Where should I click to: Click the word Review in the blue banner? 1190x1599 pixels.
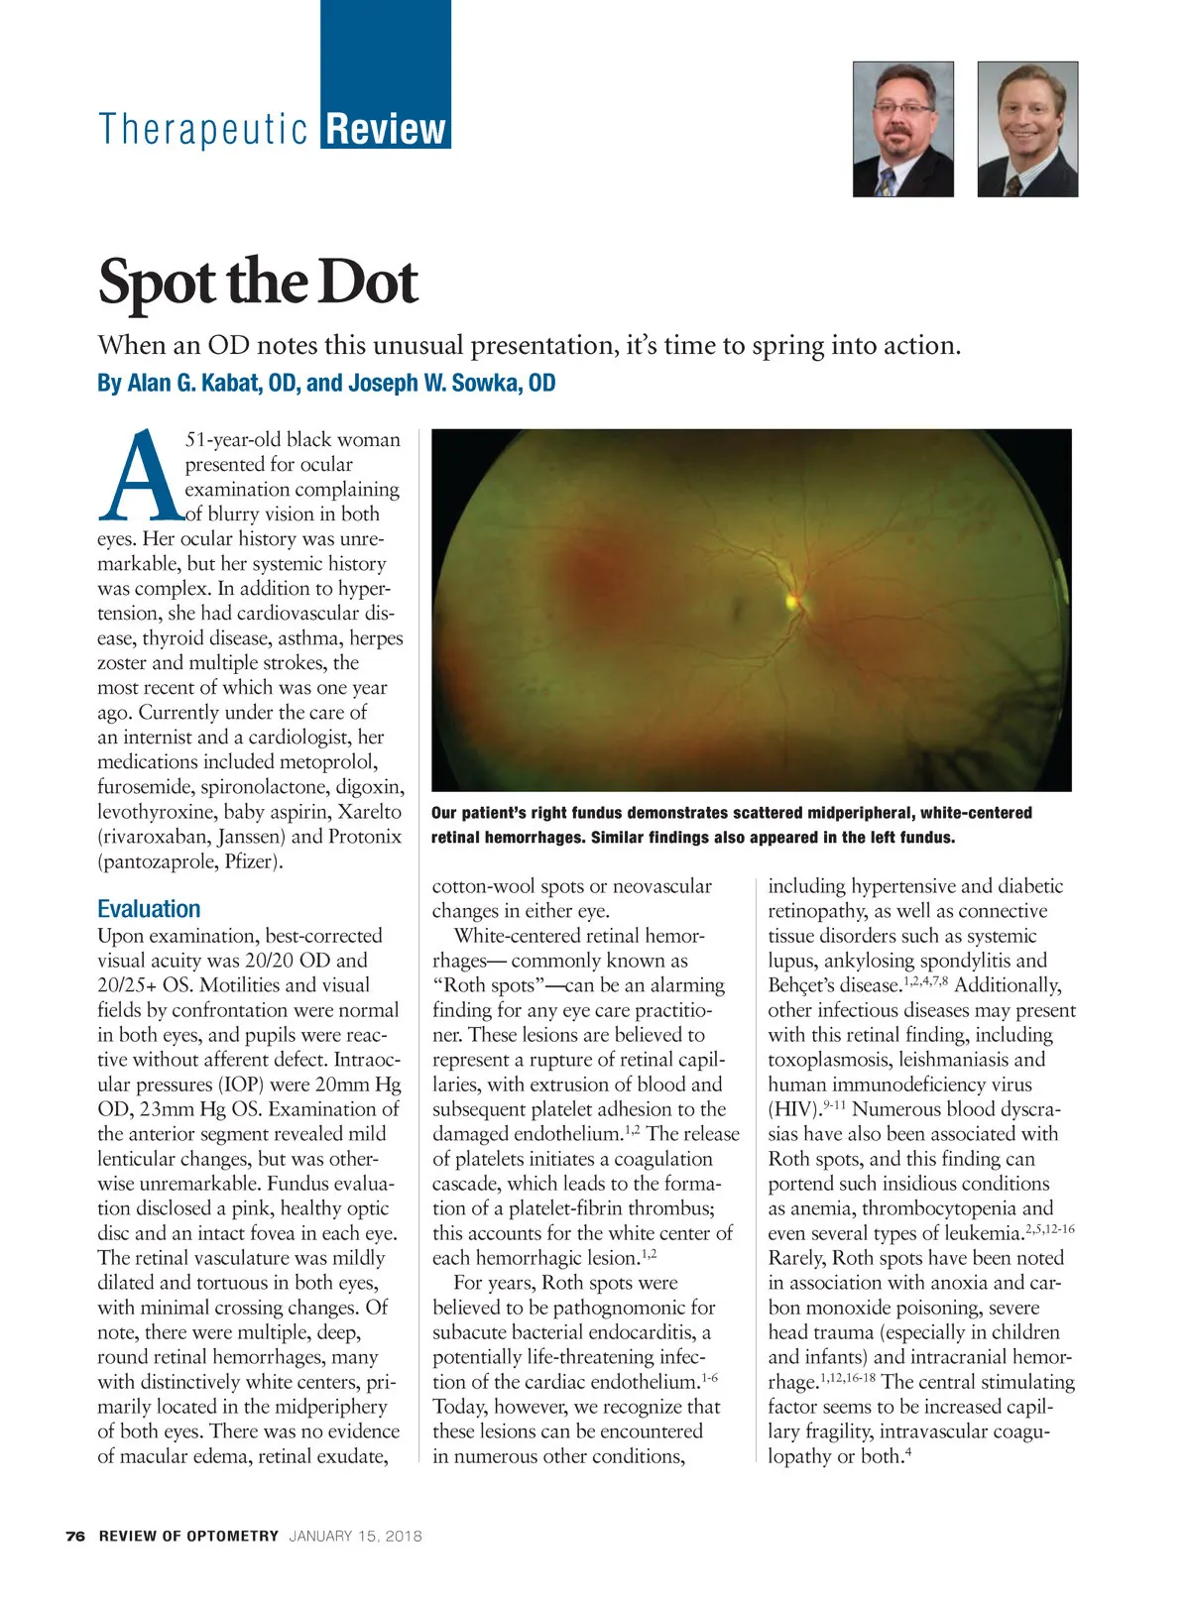[386, 129]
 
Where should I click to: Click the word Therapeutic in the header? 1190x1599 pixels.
[203, 129]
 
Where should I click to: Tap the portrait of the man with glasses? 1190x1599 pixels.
[902, 129]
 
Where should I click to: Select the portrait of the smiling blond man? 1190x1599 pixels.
[1027, 129]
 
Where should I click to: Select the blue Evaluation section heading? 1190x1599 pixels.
[149, 909]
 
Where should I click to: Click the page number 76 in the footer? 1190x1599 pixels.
[75, 1537]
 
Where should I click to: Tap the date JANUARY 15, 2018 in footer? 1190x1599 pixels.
[355, 1537]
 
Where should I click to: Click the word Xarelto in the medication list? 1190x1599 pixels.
[369, 812]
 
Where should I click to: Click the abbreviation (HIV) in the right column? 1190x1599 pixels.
[793, 1109]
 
